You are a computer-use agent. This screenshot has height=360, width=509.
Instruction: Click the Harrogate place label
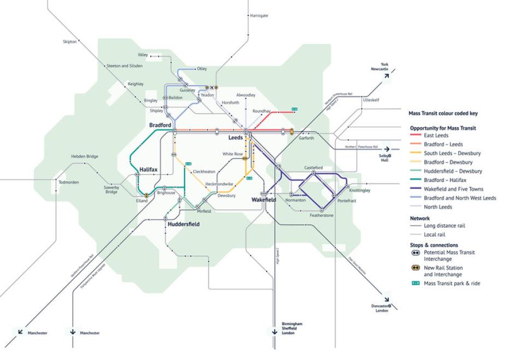(x=259, y=15)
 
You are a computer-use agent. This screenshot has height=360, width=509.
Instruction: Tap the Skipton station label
(x=70, y=42)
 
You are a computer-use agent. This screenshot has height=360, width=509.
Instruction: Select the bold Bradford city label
(x=160, y=125)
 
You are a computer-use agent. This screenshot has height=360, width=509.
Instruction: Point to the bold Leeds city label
(x=235, y=138)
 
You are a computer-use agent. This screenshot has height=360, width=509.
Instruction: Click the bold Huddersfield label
(x=184, y=225)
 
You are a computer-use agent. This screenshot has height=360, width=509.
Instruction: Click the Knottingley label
(x=359, y=191)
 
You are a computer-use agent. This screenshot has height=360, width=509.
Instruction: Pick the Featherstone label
(x=322, y=216)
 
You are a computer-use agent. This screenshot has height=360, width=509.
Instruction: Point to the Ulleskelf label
(x=370, y=100)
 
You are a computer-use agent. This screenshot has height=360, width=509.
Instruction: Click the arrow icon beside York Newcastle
(x=387, y=76)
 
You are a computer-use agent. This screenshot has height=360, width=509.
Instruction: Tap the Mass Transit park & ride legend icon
(x=416, y=284)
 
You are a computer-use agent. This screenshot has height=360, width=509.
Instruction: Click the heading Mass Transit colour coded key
(x=443, y=114)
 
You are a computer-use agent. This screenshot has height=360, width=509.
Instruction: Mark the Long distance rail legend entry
(x=444, y=226)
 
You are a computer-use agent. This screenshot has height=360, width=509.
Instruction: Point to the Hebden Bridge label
(x=85, y=157)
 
